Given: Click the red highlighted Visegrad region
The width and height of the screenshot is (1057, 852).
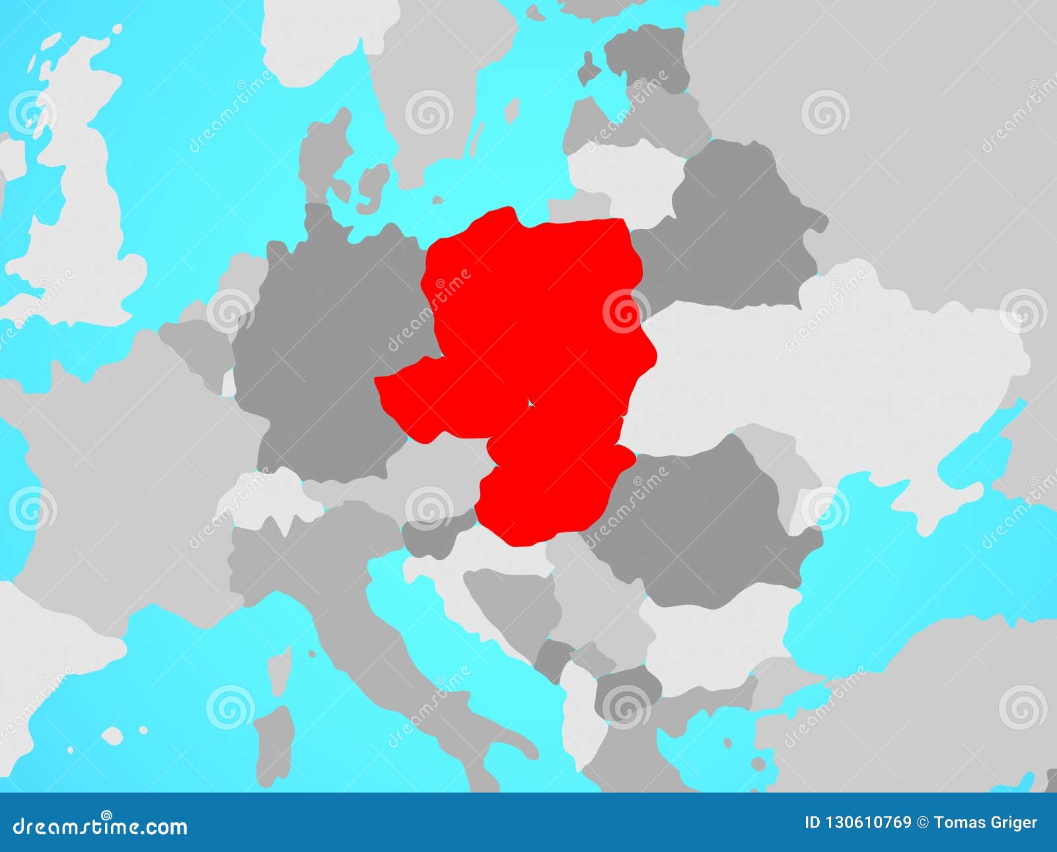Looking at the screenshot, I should click(x=528, y=330).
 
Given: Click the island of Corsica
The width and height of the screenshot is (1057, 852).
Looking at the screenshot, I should click(x=280, y=667).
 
